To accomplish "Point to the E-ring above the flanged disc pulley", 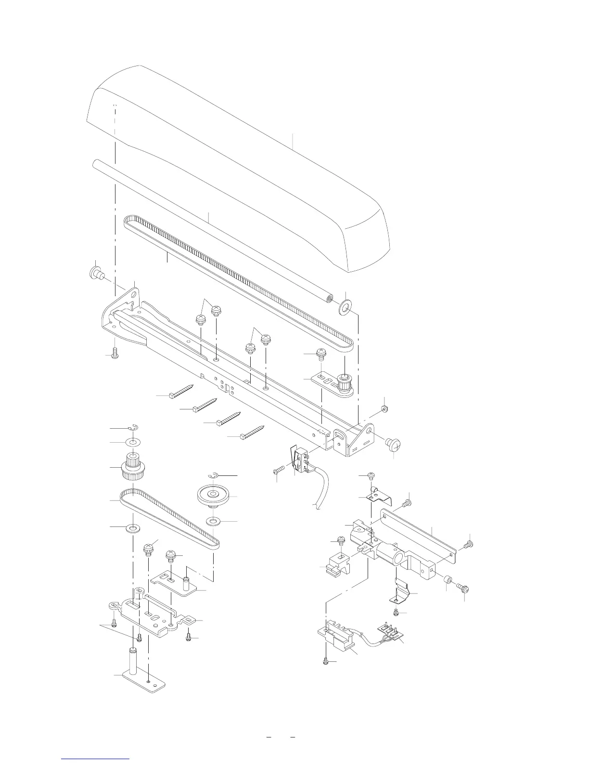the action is (215, 475).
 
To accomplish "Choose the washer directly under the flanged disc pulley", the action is (213, 522).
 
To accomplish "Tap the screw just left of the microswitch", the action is (280, 470).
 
